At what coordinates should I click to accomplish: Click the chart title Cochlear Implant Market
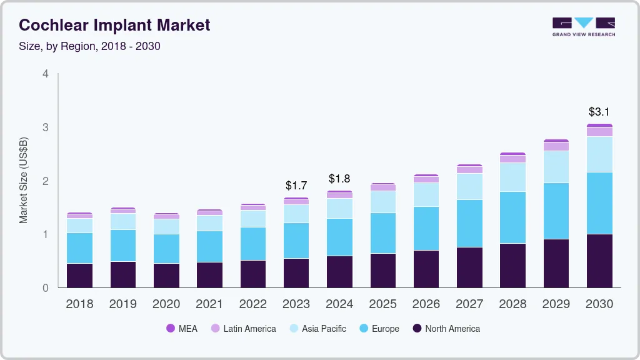click(x=114, y=25)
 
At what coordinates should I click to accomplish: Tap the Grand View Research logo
click(x=584, y=26)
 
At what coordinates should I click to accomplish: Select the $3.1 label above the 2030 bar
click(x=600, y=112)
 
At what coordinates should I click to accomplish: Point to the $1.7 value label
click(x=296, y=186)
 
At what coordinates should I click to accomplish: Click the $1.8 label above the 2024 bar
click(x=339, y=179)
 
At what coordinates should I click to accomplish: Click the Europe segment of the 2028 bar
click(x=513, y=217)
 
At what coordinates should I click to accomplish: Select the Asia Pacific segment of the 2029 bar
click(x=556, y=167)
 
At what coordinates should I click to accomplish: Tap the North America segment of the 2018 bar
click(x=80, y=276)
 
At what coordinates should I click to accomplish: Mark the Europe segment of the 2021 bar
click(x=209, y=246)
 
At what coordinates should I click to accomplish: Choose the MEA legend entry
click(x=181, y=328)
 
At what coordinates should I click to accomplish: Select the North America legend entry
click(x=446, y=328)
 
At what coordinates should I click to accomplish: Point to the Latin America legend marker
click(x=215, y=328)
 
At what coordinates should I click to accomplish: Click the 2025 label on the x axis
click(x=382, y=304)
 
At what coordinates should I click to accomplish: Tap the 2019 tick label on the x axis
click(x=123, y=304)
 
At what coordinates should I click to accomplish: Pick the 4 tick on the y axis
click(x=45, y=74)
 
